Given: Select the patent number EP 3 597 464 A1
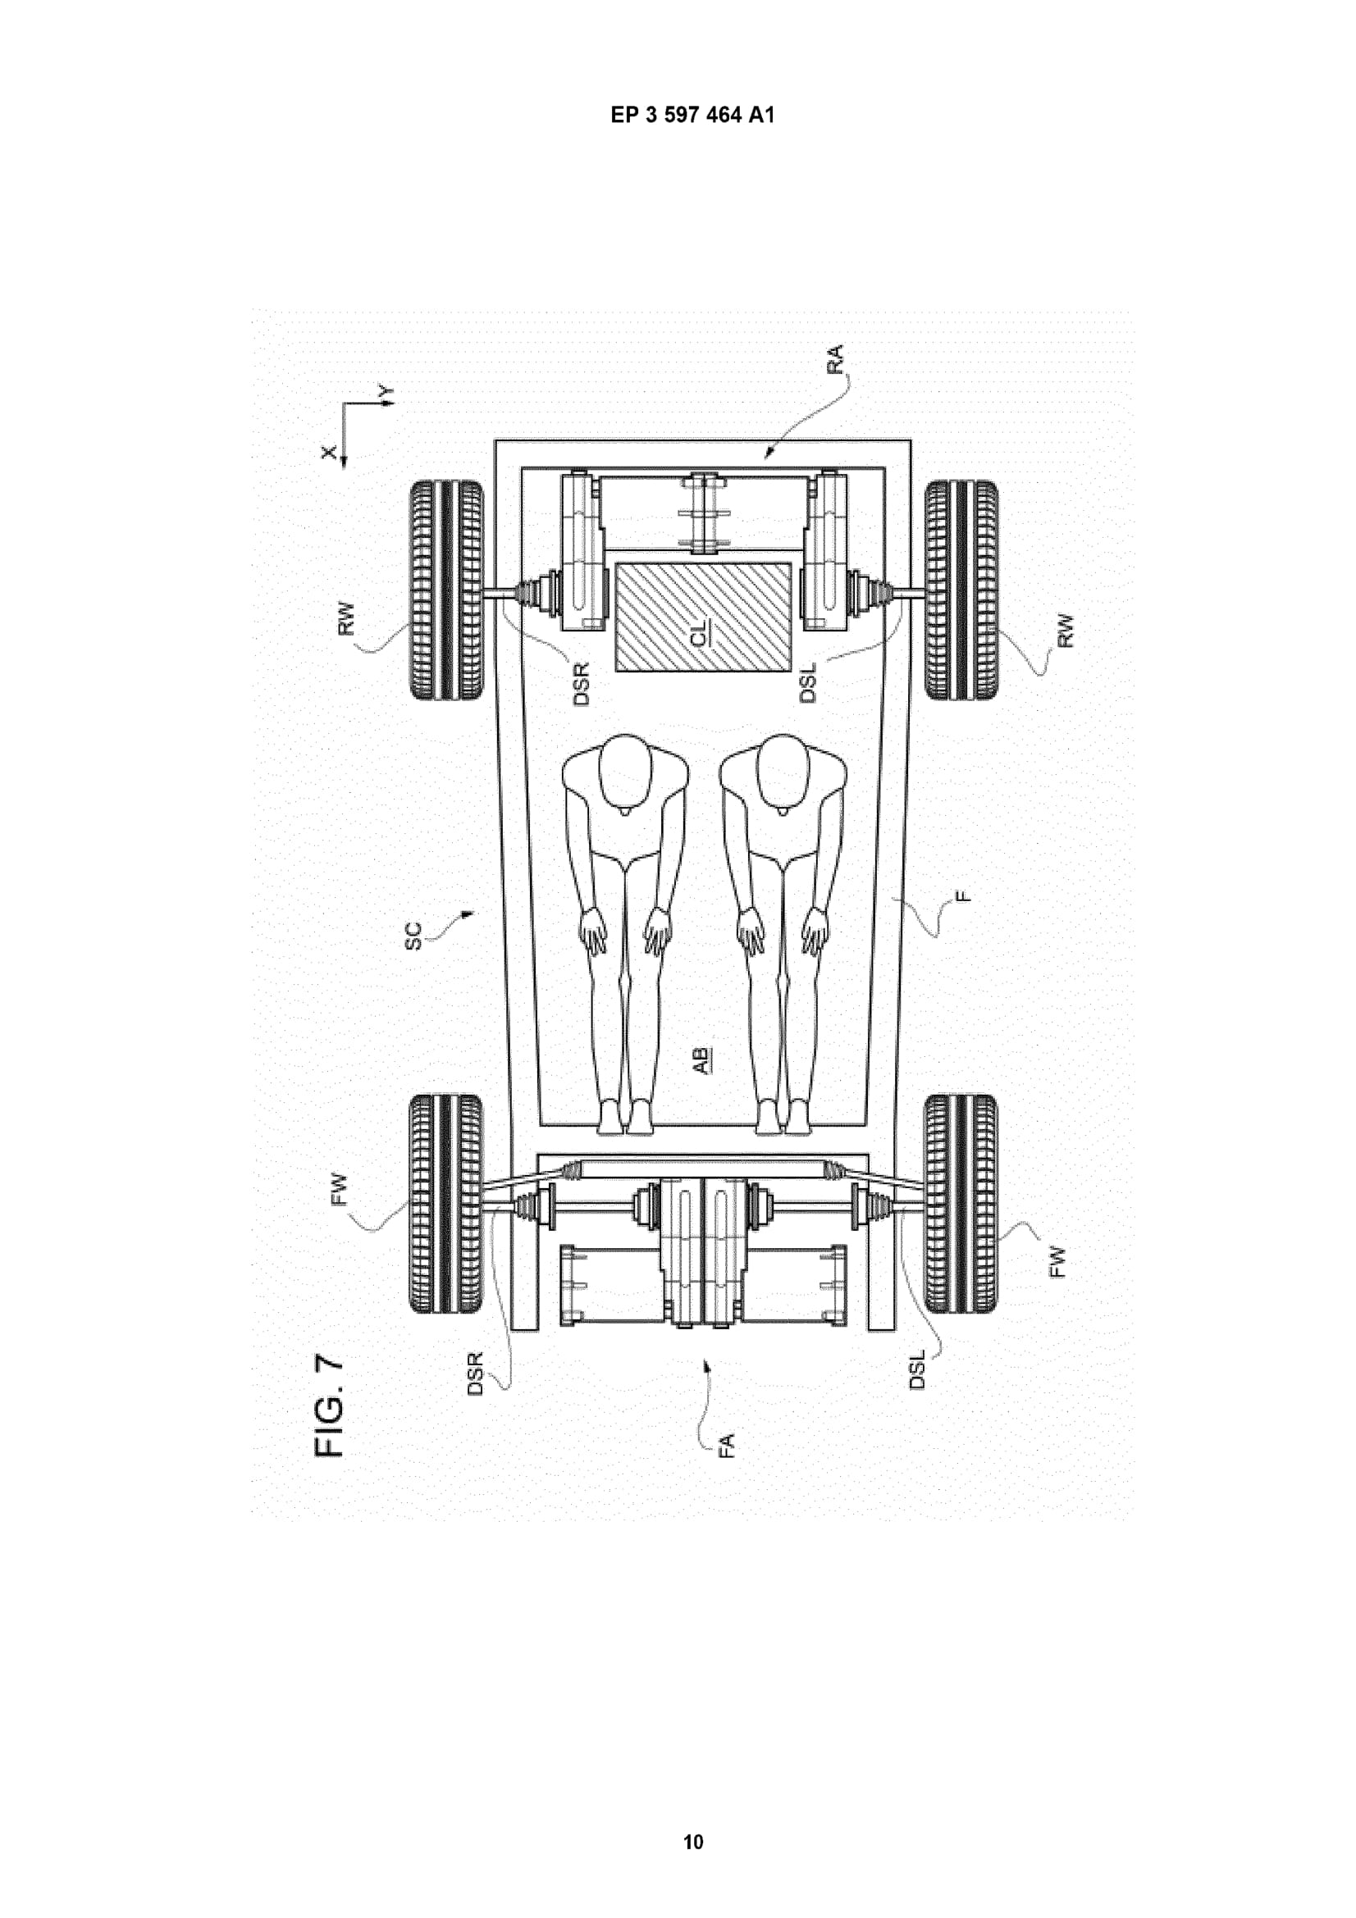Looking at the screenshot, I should point(692,116).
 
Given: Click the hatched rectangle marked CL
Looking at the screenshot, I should point(703,617).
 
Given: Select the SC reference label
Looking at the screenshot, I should point(414,935).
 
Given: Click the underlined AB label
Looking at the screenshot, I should point(703,1060).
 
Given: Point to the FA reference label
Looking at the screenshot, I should point(726,1445).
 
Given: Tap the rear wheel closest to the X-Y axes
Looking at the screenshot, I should point(446,590).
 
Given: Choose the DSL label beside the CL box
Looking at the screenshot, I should point(807,681).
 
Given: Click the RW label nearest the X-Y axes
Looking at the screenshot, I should point(348,619).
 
